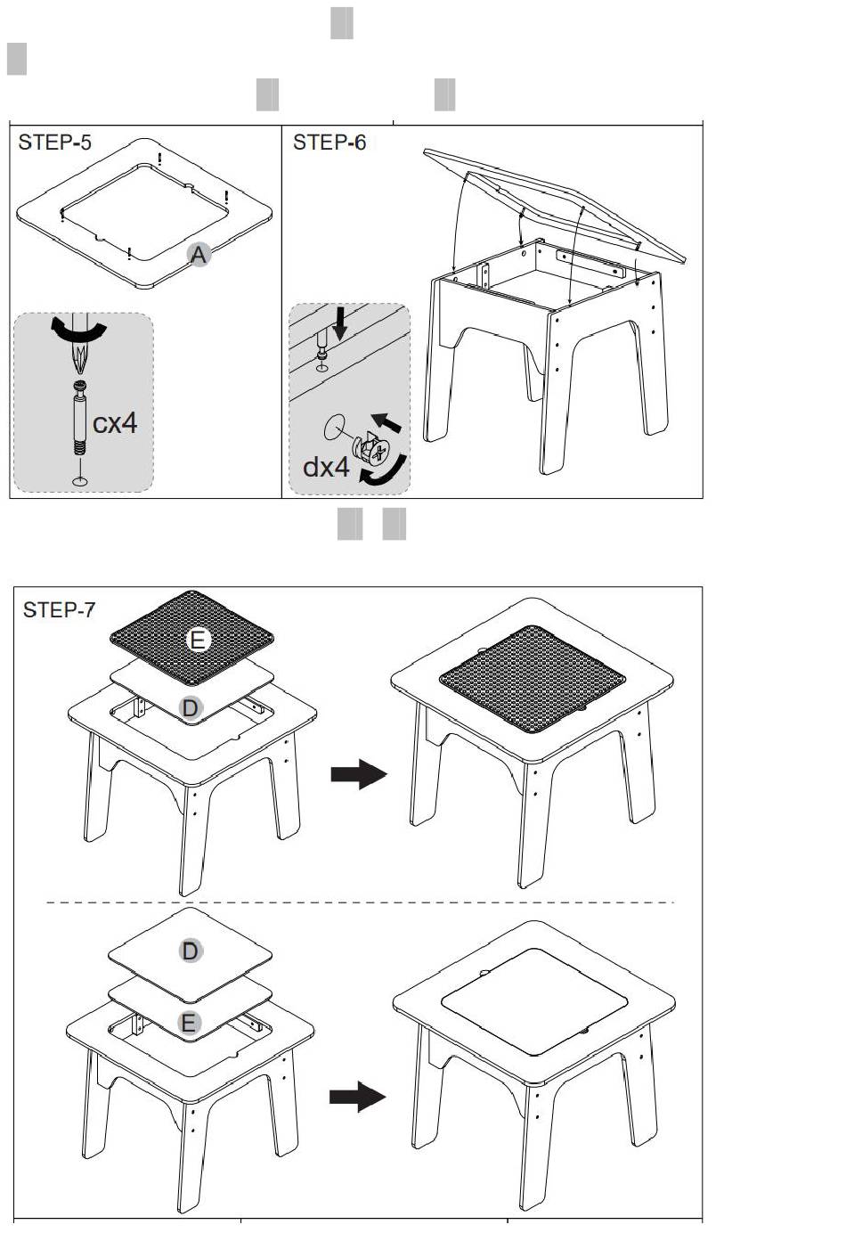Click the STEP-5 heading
tap(54, 143)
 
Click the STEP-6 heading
tap(329, 143)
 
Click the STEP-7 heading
tap(59, 610)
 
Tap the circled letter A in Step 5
tap(199, 255)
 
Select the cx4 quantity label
tap(115, 423)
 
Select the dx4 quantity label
tap(326, 467)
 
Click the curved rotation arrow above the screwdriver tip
tap(78, 329)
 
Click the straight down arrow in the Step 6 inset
tap(339, 323)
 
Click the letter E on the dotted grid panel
tap(198, 641)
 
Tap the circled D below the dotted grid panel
tap(190, 708)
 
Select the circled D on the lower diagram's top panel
tap(190, 951)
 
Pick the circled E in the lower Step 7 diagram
tap(189, 1024)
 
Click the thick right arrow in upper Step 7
tap(358, 774)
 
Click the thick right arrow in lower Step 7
tap(357, 1097)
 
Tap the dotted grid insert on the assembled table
tap(533, 679)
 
